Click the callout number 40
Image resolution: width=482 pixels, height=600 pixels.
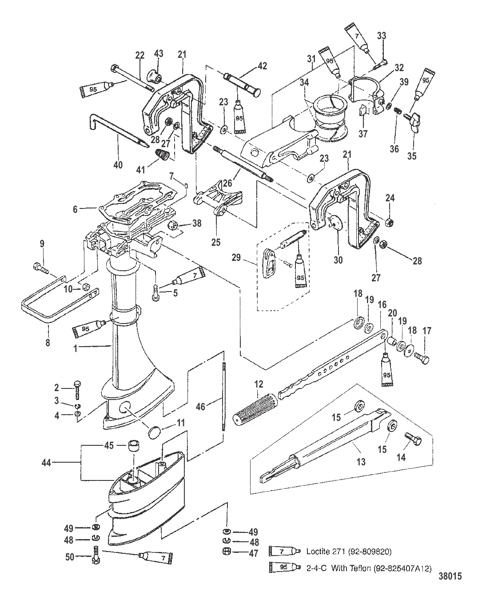point(118,164)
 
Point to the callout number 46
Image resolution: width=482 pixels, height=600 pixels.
point(201,406)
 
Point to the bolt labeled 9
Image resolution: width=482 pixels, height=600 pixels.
point(39,268)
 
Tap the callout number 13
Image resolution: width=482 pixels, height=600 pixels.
point(361,462)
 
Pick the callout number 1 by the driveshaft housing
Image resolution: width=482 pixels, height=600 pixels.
point(76,349)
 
